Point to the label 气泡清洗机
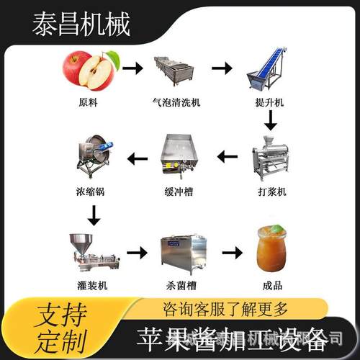tap(176, 102)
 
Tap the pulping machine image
tap(271, 160)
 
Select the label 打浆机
tap(271, 192)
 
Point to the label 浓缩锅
tap(91, 192)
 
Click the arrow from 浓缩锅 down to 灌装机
tap(92, 214)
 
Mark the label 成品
tap(271, 285)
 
